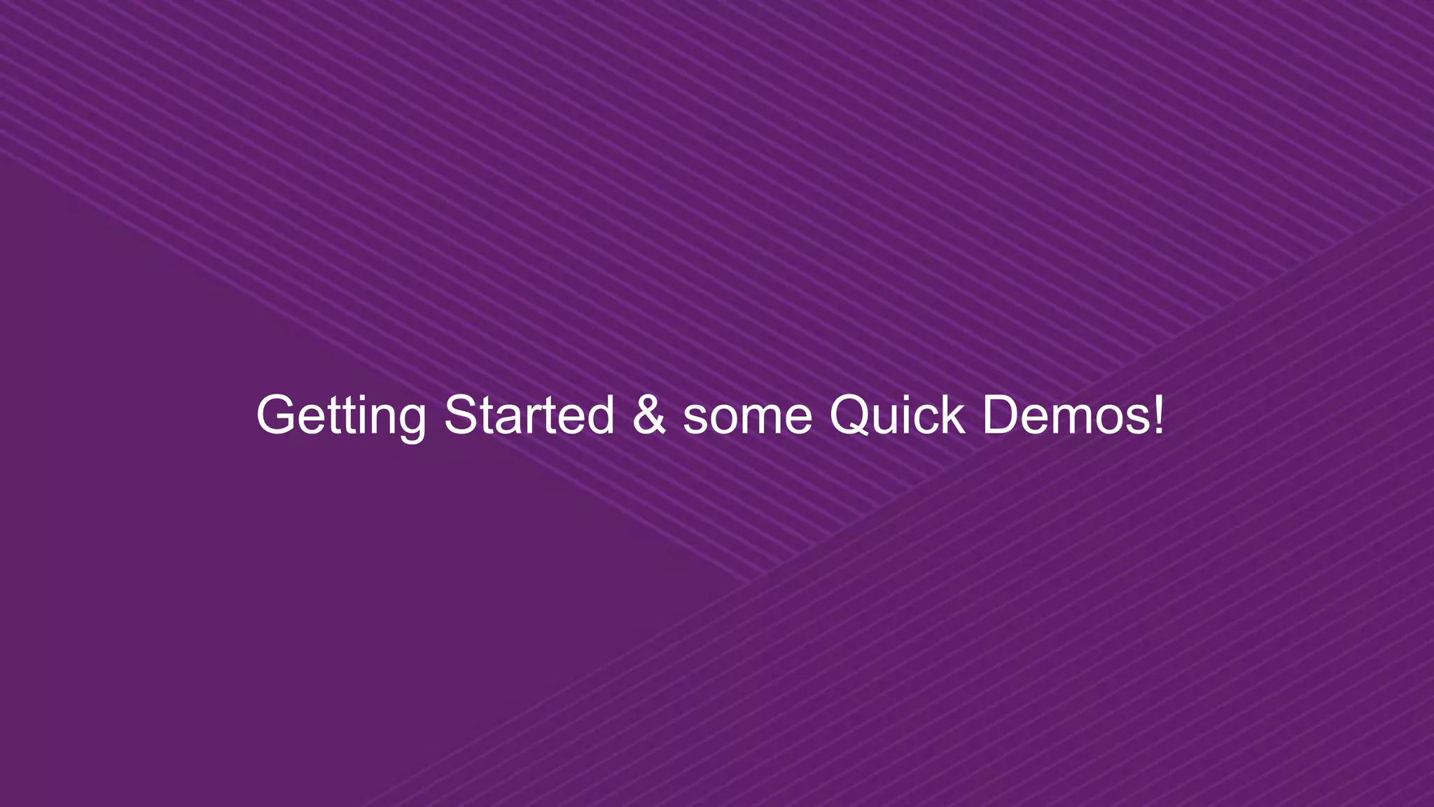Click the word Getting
click(341, 415)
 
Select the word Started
click(529, 415)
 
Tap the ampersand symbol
click(649, 415)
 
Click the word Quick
click(896, 415)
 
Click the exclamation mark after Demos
click(1158, 415)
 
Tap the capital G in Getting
click(277, 415)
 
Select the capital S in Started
click(461, 415)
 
